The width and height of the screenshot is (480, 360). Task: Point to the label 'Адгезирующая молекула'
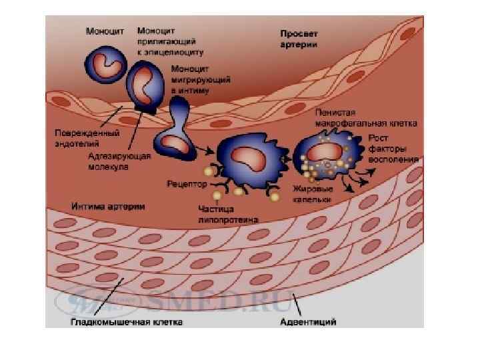(x=119, y=161)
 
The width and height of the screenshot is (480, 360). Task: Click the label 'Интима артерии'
(x=109, y=206)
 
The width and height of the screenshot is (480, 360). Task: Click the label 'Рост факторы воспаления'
(x=393, y=149)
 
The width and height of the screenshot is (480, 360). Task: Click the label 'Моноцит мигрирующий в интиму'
(x=200, y=79)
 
